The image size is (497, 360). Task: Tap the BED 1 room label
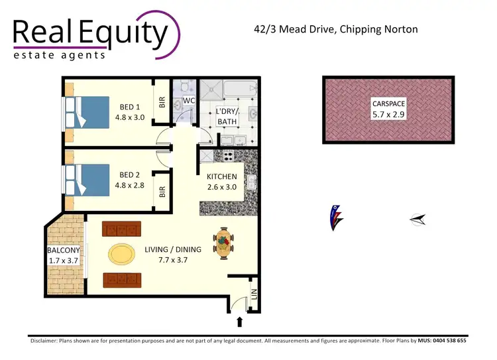click(130, 107)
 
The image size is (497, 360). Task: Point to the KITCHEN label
click(222, 178)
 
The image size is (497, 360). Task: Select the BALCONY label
click(64, 251)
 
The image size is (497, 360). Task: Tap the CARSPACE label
click(388, 104)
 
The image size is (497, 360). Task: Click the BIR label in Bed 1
click(162, 103)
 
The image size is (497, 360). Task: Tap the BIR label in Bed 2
click(162, 192)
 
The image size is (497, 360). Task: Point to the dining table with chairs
click(224, 243)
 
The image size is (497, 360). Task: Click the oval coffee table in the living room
click(121, 254)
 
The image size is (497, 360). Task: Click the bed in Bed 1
click(86, 111)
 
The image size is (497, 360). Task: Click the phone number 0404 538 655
click(443, 340)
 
